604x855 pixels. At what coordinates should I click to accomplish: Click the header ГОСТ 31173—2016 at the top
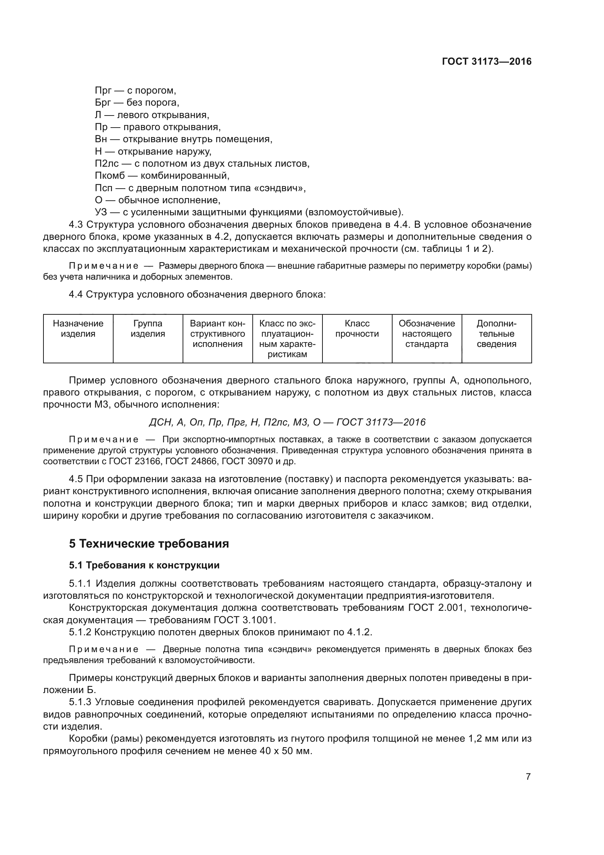click(486, 61)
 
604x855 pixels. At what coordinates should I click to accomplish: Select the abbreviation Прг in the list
click(103, 91)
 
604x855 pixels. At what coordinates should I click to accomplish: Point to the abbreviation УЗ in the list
click(101, 212)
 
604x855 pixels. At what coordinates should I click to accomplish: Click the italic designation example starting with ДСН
click(287, 422)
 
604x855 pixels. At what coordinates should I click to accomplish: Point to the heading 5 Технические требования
click(149, 544)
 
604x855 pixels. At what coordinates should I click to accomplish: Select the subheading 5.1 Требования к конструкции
click(144, 565)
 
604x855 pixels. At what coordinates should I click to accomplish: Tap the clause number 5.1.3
click(80, 702)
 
